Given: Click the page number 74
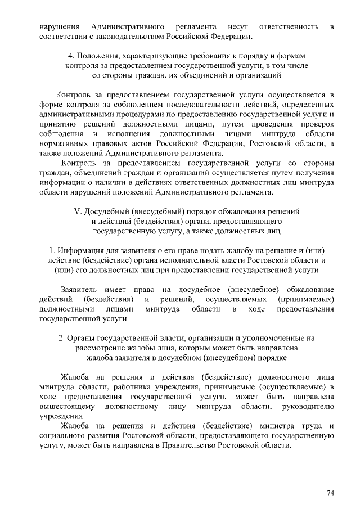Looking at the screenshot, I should click(330, 493).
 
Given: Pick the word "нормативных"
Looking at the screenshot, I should click(61, 143).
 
